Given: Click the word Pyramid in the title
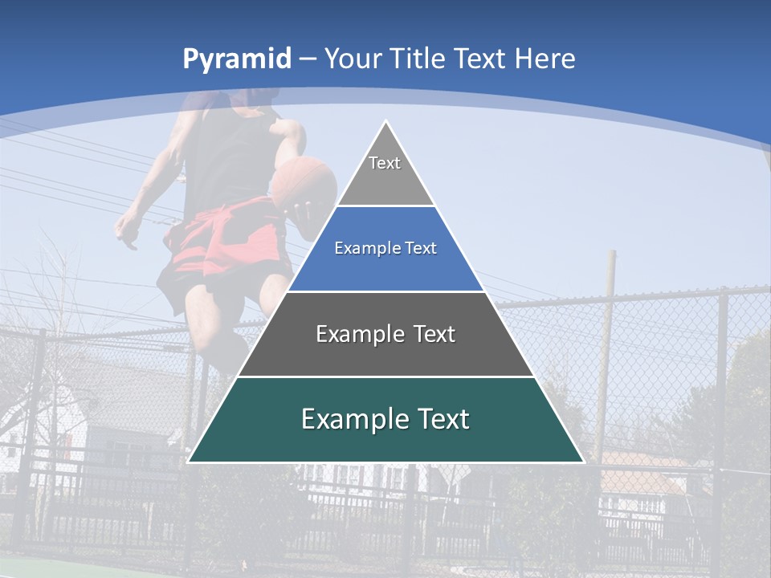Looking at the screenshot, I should click(237, 59).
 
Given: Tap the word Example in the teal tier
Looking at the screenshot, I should click(352, 419).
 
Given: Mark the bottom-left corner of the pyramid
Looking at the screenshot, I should click(189, 462).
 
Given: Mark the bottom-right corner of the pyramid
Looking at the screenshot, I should click(583, 462).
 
